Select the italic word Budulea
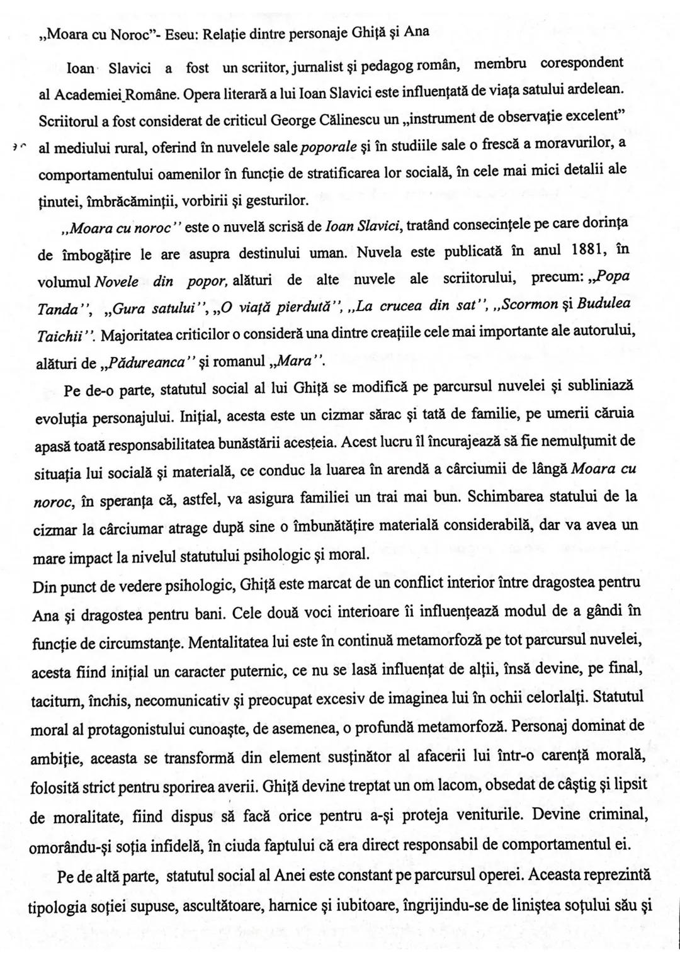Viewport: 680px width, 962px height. [604, 305]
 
